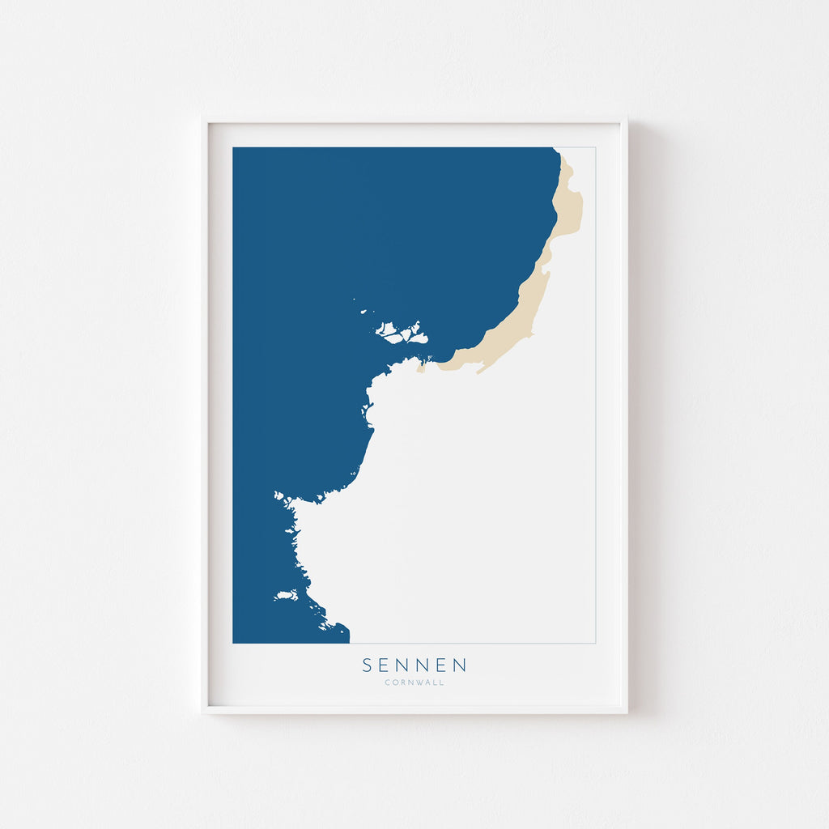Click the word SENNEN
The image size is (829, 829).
click(x=414, y=665)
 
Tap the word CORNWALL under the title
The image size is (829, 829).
click(x=414, y=682)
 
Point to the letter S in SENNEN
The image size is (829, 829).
click(x=368, y=665)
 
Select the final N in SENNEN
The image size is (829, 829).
click(x=460, y=665)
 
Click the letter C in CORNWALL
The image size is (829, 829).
click(x=388, y=682)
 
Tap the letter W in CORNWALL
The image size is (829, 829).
click(x=419, y=682)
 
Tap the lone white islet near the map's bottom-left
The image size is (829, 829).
click(x=286, y=597)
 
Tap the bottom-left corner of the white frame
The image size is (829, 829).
click(x=202, y=712)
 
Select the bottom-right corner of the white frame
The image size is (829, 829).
click(x=627, y=712)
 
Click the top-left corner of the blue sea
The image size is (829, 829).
click(x=233, y=147)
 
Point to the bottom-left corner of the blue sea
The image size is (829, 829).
click(x=233, y=643)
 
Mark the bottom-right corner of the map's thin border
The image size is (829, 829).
click(x=596, y=643)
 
